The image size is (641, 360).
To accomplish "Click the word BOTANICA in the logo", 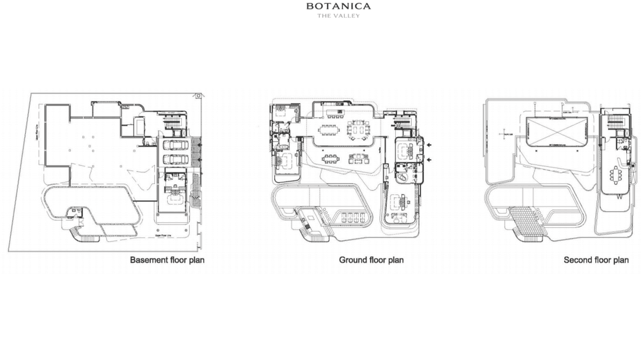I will (338, 6).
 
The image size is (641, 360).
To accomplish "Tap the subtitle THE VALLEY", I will (338, 16).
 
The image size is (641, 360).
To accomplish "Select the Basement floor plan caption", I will (167, 260).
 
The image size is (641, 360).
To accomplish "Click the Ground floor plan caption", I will (371, 260).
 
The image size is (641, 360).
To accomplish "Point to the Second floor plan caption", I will (596, 260).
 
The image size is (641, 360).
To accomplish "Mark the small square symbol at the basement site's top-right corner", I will (198, 96).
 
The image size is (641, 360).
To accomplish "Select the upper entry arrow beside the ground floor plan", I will (429, 145).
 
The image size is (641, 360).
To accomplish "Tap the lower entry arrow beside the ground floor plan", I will (429, 159).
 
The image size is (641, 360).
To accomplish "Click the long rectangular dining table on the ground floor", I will (329, 129).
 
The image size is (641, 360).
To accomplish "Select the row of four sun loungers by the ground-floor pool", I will (352, 218).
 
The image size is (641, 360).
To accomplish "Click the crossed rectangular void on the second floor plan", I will (556, 131).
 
